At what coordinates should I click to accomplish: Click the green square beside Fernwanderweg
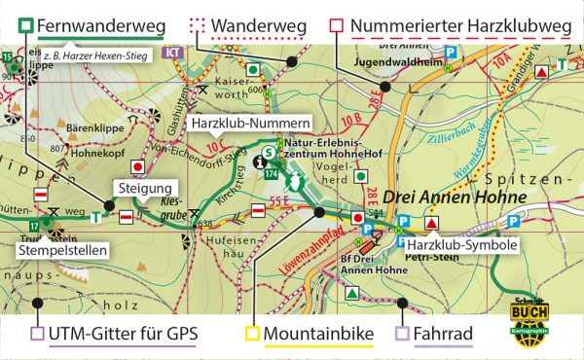pyautogui.click(x=26, y=24)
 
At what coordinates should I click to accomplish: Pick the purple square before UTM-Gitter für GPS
pyautogui.click(x=37, y=336)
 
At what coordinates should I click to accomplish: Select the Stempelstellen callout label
pyautogui.click(x=61, y=249)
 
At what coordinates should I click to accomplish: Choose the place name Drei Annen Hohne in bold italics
pyautogui.click(x=454, y=198)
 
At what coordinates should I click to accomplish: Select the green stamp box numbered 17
pyautogui.click(x=33, y=226)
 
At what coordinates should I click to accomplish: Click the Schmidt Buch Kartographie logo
pyautogui.click(x=529, y=318)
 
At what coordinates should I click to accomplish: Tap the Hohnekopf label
pyautogui.click(x=98, y=150)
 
